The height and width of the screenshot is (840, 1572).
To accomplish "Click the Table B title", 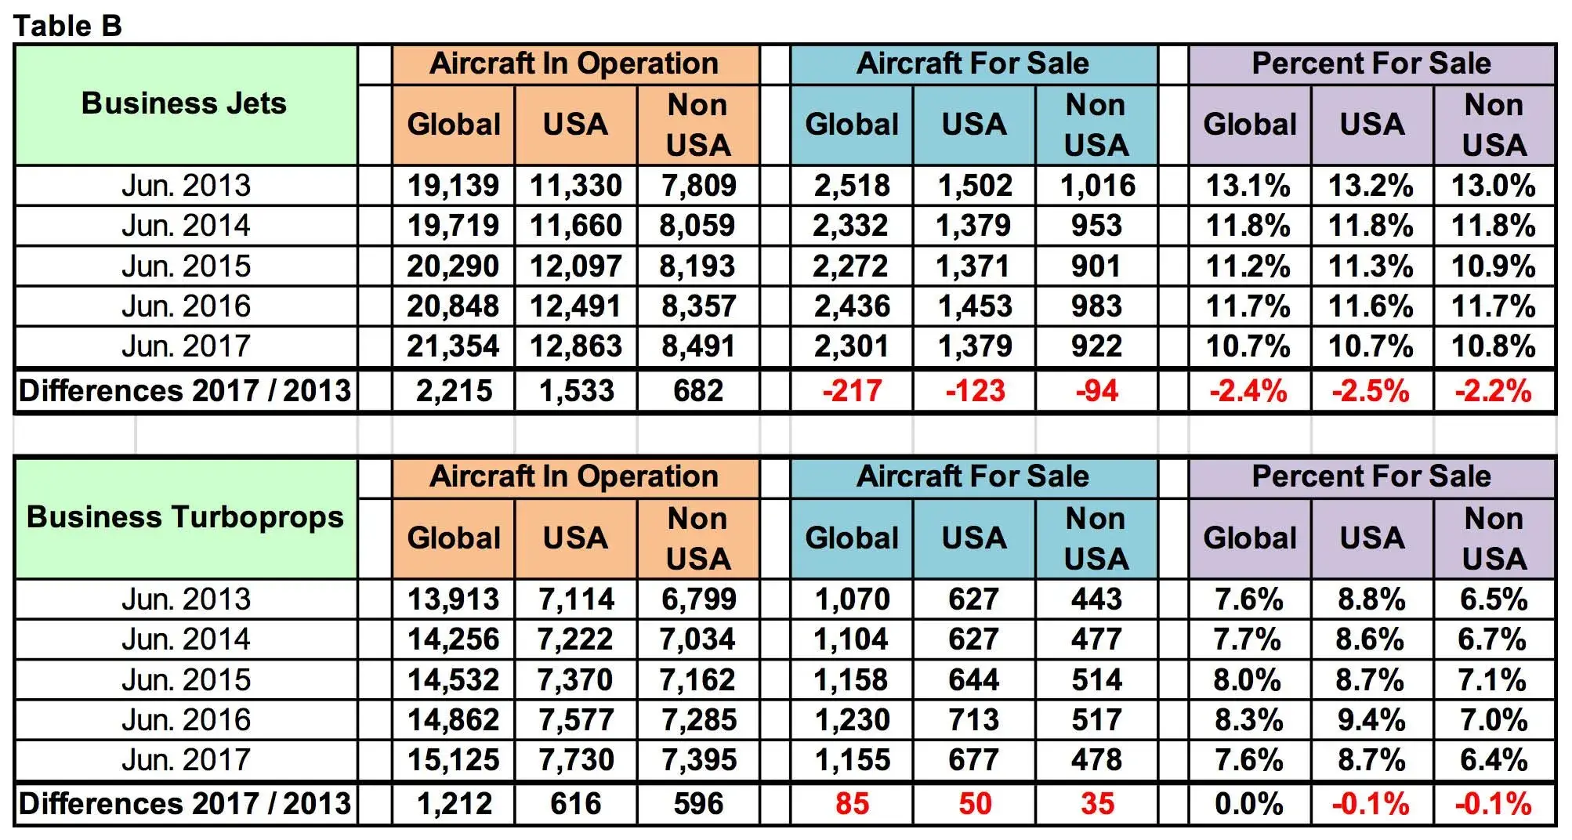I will (67, 26).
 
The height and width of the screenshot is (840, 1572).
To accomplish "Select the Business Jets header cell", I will (184, 104).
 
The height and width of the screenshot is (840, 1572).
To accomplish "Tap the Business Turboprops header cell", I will (185, 517).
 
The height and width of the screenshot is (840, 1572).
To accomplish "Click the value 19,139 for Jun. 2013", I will (453, 186).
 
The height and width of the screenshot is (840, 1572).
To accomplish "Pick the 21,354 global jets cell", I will (453, 346).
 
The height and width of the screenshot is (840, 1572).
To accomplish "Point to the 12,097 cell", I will (576, 266).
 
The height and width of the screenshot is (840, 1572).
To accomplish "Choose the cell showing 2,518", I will (852, 186).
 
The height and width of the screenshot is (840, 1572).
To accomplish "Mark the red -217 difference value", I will (852, 390).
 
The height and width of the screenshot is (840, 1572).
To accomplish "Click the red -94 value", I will (1096, 390).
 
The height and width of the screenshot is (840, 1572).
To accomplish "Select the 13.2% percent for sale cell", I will (1371, 186).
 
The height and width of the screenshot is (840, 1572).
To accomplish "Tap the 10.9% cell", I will (1494, 266).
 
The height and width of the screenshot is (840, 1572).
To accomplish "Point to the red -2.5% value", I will (1371, 390).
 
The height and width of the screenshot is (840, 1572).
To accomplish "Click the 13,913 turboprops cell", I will (453, 599).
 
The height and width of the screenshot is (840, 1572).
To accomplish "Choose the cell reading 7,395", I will (698, 760).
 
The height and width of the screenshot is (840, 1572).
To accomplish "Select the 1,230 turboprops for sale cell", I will (852, 720).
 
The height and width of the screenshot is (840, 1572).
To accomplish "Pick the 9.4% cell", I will (1371, 720).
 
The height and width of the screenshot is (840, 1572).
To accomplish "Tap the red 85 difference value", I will (852, 804).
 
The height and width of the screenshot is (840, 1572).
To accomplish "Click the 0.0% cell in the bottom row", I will (1249, 804).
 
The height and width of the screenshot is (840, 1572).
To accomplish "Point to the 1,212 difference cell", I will (453, 804).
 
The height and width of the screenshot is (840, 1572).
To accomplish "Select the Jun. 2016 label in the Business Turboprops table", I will (186, 720).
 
